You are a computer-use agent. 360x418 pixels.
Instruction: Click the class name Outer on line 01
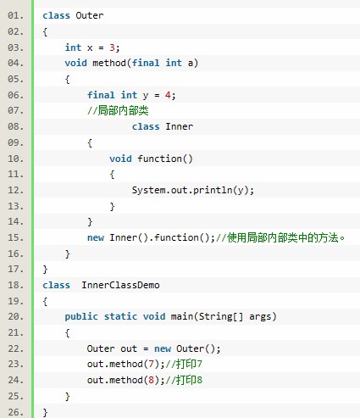(x=90, y=15)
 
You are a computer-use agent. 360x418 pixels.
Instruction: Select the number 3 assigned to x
(x=112, y=47)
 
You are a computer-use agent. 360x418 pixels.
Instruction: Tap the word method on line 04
(x=109, y=63)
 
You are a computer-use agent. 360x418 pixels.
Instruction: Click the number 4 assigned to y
(x=168, y=95)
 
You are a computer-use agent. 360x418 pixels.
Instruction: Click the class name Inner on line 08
(x=179, y=126)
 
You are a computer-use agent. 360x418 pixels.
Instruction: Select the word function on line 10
(x=159, y=159)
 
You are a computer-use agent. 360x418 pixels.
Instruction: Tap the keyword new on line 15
(x=96, y=237)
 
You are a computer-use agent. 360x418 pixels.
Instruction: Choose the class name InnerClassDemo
(x=120, y=285)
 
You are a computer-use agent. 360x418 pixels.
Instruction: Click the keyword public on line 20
(x=81, y=316)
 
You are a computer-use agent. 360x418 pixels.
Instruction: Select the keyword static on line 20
(x=120, y=316)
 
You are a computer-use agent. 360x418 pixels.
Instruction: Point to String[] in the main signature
(x=220, y=316)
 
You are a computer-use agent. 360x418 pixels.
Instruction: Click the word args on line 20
(x=260, y=317)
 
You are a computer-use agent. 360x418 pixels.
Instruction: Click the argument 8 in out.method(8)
(x=151, y=380)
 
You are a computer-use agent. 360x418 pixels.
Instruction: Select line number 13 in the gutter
(x=15, y=206)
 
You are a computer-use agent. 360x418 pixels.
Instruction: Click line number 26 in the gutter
(x=15, y=412)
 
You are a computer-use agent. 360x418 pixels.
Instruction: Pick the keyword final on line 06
(x=101, y=95)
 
